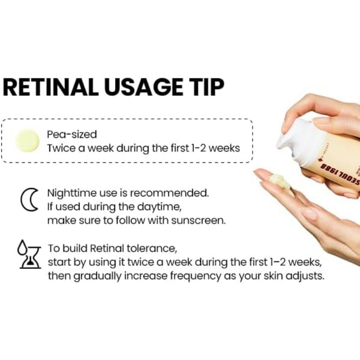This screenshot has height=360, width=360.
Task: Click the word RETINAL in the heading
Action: (x=50, y=88)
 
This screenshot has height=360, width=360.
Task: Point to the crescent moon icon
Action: (x=28, y=200)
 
